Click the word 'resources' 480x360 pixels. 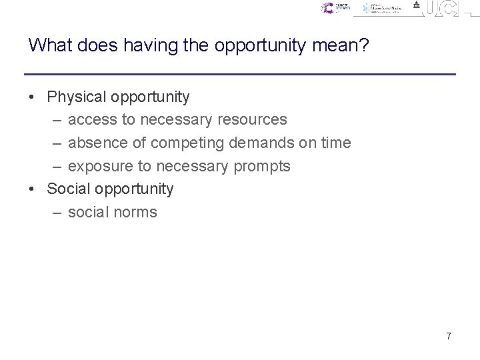coord(254,120)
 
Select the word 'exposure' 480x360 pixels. coord(100,167)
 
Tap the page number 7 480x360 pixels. coord(449,337)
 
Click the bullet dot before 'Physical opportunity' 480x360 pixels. coord(33,98)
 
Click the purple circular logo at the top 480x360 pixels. coord(327,8)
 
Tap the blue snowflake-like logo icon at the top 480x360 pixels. coord(367,9)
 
